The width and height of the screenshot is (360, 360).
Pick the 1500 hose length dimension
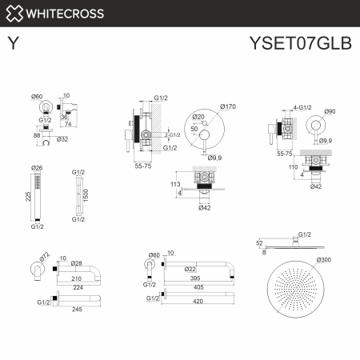point(86,196)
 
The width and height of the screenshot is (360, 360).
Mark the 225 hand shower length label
point(28,198)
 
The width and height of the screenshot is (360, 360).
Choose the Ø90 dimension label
point(330,111)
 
